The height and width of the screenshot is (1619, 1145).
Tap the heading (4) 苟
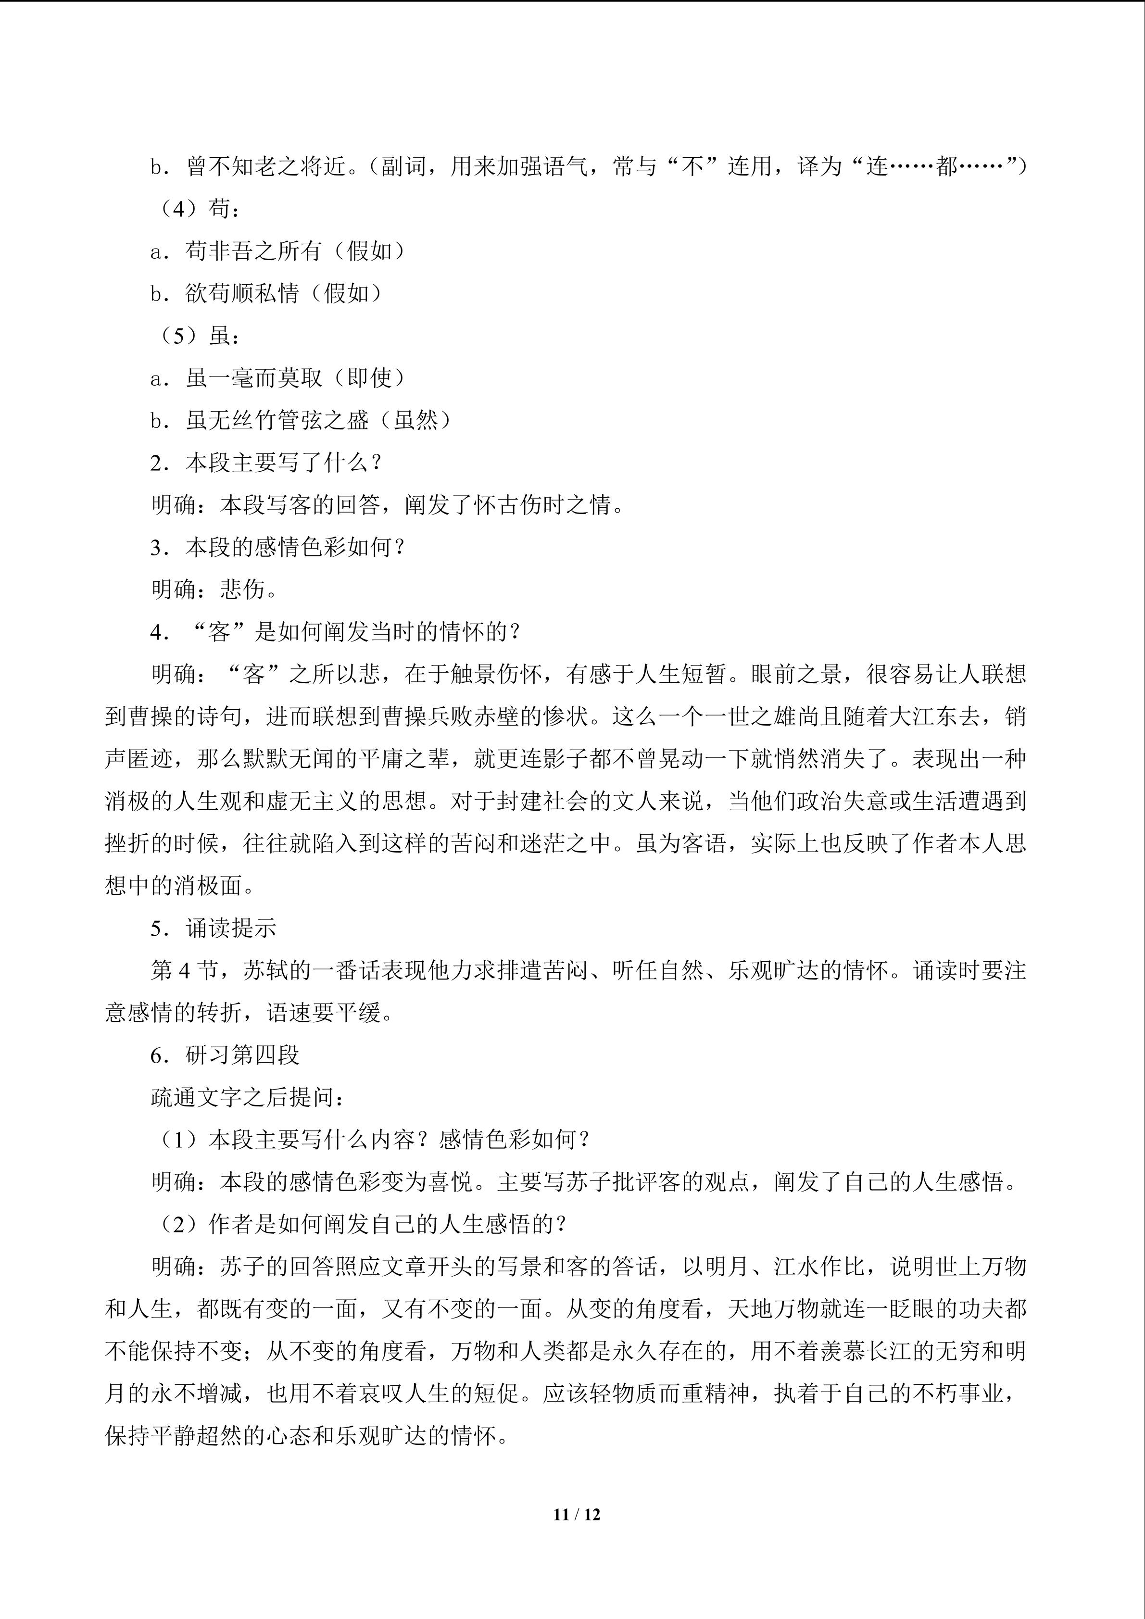199,209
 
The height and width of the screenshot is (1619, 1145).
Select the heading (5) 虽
199,336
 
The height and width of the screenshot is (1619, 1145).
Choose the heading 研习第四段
242,1055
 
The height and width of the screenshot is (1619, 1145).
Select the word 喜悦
451,1182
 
